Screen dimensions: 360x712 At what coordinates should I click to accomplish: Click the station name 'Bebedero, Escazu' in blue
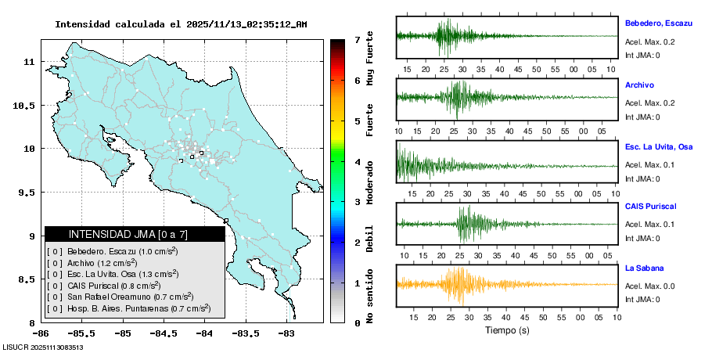coord(659,23)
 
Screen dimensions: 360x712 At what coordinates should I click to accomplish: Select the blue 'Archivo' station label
coord(639,85)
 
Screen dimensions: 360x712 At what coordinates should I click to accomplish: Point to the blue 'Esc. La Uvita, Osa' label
coord(659,147)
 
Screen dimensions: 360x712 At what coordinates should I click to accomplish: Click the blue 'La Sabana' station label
coord(644,268)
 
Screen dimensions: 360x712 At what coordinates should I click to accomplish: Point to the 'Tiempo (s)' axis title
coord(507,330)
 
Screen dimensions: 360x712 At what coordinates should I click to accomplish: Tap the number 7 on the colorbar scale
coord(357,39)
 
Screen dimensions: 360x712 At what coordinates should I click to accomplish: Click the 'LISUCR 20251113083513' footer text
coord(43,347)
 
